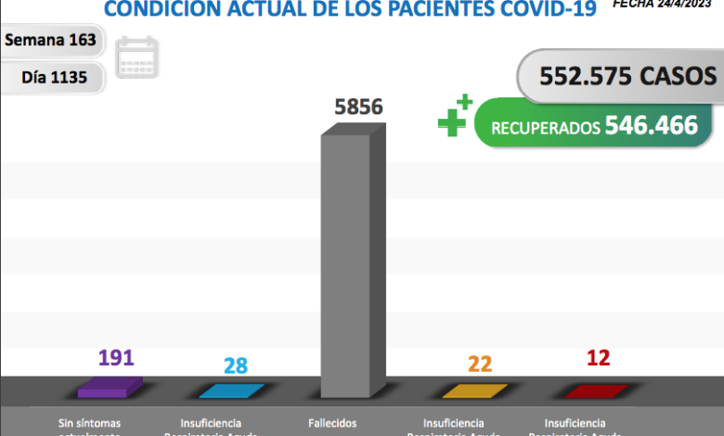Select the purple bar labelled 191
[x=109, y=387]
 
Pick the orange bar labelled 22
[x=475, y=391]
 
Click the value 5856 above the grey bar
[x=358, y=107]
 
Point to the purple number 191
[x=117, y=358]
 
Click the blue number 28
[x=236, y=365]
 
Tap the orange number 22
[x=480, y=364]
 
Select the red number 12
[x=599, y=358]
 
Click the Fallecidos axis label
[x=331, y=423]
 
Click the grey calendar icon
[x=137, y=58]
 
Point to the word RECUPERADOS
[x=545, y=128]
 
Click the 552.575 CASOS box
[x=620, y=76]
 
